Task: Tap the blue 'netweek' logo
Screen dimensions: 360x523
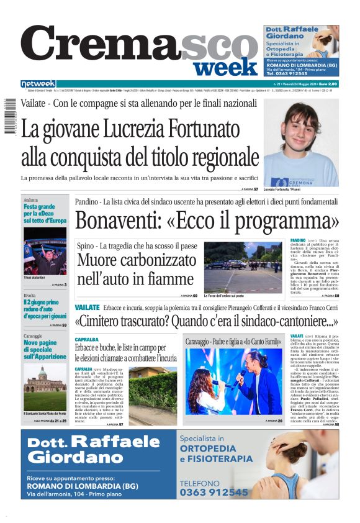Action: [38, 84]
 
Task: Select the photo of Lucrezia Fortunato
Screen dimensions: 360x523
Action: [301, 142]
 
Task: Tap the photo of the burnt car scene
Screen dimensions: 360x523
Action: [243, 266]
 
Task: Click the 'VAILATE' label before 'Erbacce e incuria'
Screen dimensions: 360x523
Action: [87, 307]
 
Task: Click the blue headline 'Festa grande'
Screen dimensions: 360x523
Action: [39, 207]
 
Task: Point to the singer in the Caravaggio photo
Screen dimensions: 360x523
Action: [245, 376]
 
